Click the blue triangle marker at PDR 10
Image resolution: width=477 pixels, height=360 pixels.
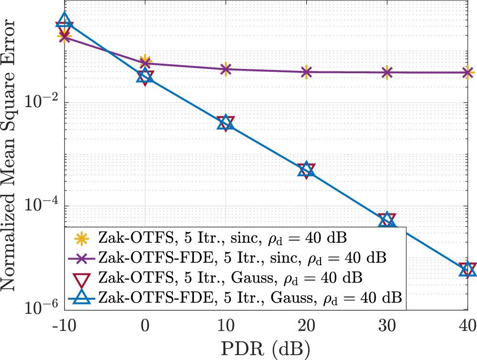(226, 123)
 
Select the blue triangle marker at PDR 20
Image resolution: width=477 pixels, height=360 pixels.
(306, 170)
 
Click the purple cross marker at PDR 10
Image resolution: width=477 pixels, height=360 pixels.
(226, 69)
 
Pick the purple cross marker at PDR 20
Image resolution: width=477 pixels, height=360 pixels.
(306, 72)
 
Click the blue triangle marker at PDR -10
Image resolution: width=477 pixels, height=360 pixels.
(65, 21)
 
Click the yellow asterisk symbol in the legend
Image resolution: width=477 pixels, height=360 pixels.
(83, 237)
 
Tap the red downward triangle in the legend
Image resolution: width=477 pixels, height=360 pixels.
(83, 278)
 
